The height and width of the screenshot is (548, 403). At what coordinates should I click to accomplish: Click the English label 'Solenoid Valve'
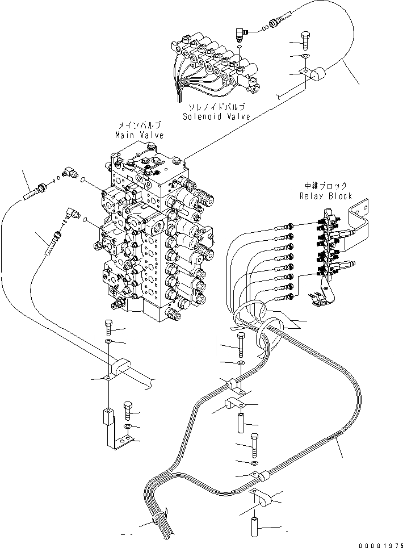click(x=216, y=116)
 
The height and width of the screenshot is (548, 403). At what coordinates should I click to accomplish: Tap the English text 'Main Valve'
click(x=139, y=135)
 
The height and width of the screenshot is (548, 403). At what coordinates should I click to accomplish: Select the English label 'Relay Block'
click(x=326, y=196)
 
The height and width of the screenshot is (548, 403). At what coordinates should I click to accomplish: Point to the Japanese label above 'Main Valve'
click(x=140, y=125)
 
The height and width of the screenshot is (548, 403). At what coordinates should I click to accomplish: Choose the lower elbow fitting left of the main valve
click(x=72, y=214)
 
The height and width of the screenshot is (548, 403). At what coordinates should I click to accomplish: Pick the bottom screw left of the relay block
click(x=283, y=296)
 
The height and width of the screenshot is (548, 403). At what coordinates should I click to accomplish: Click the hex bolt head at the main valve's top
click(x=150, y=148)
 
